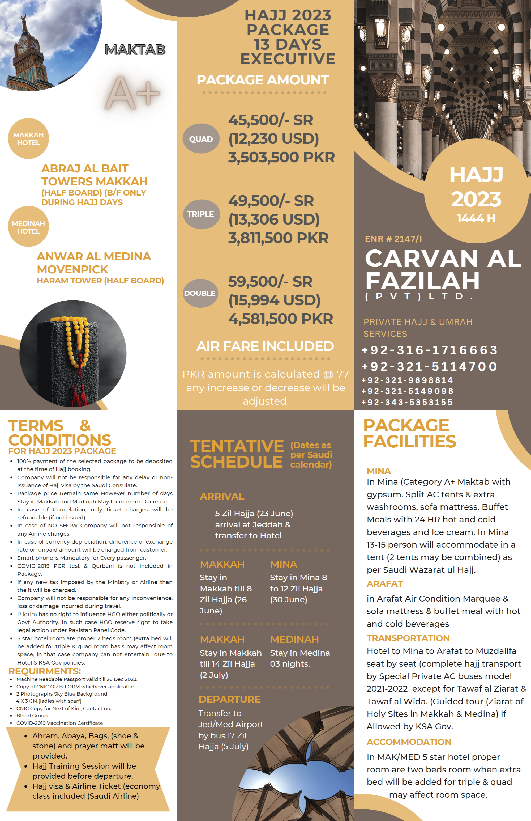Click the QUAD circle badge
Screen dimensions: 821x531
tap(201, 139)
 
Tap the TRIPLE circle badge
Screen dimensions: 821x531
tap(201, 214)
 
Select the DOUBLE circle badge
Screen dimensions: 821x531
tap(200, 293)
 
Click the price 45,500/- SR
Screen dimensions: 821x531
tap(270, 120)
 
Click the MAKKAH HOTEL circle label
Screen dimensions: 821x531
tap(28, 139)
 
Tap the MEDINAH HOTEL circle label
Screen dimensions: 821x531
tap(28, 227)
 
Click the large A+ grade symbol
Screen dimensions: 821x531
tap(132, 92)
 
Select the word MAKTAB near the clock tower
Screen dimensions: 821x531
tap(135, 50)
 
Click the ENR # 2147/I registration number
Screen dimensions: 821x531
tap(393, 239)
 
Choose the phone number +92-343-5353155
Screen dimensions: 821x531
tap(407, 402)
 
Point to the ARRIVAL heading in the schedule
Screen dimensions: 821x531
tap(222, 496)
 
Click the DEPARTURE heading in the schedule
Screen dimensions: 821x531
tap(229, 699)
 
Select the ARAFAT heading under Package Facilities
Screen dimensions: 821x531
tap(384, 584)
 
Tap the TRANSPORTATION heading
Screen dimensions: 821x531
tap(408, 638)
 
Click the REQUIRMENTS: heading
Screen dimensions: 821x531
tap(45, 671)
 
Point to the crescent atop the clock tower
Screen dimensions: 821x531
tap(24, 17)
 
